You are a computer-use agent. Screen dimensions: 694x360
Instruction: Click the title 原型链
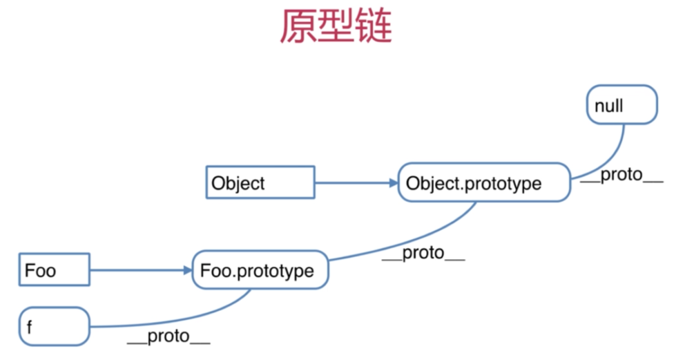(336, 26)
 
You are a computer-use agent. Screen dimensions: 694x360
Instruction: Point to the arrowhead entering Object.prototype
(394, 183)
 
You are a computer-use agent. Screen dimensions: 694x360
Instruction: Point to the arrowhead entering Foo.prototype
(188, 270)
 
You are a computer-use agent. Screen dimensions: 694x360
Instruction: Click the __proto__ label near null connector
(622, 175)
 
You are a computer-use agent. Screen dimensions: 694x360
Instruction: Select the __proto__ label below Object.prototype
(423, 253)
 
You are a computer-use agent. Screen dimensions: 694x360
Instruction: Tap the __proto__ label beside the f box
(168, 336)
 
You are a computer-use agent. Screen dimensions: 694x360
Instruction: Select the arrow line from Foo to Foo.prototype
(141, 270)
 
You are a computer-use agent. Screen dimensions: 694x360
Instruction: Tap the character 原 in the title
(297, 26)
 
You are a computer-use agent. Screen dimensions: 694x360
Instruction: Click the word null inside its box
(608, 106)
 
